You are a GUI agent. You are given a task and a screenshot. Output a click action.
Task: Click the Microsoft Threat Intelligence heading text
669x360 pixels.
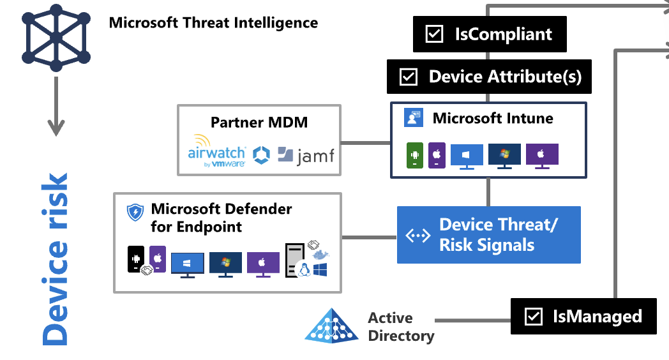pyautogui.click(x=213, y=23)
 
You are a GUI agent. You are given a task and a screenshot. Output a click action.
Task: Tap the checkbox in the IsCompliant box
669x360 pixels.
pyautogui.click(x=434, y=34)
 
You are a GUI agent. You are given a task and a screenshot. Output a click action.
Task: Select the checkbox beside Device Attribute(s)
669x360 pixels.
pyautogui.click(x=408, y=77)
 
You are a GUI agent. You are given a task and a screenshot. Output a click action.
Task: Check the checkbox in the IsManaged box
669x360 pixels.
pyautogui.click(x=532, y=316)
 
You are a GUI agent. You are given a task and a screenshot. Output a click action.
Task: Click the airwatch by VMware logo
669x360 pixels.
pyautogui.click(x=216, y=154)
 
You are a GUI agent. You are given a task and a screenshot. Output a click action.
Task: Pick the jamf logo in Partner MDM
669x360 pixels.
pyautogui.click(x=307, y=155)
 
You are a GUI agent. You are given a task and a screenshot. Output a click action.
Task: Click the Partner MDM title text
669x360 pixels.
pyautogui.click(x=259, y=122)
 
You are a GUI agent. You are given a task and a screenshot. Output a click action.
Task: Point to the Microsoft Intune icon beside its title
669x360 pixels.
pyautogui.click(x=413, y=118)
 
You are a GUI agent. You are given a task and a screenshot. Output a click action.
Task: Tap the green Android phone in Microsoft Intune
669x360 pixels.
pyautogui.click(x=415, y=155)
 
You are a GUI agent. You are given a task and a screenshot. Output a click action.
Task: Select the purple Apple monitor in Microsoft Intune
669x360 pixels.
pyautogui.click(x=542, y=156)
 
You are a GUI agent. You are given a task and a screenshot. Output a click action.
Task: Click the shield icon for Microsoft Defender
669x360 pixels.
pyautogui.click(x=135, y=213)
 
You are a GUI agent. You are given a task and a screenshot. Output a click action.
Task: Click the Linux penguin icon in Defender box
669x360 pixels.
pyautogui.click(x=304, y=269)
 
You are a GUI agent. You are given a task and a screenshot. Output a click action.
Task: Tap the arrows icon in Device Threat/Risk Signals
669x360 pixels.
pyautogui.click(x=419, y=236)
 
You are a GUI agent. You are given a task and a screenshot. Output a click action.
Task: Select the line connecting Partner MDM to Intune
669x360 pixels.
pyautogui.click(x=365, y=142)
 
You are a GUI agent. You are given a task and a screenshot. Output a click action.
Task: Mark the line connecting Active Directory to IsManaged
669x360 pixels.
pyautogui.click(x=472, y=320)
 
